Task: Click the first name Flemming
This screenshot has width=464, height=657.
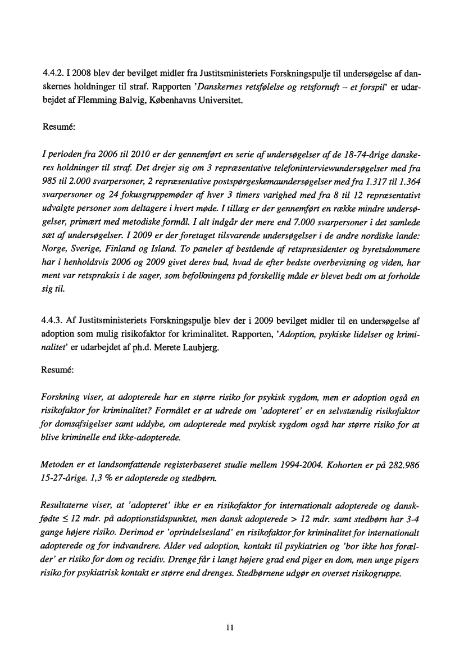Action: (x=104, y=102)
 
